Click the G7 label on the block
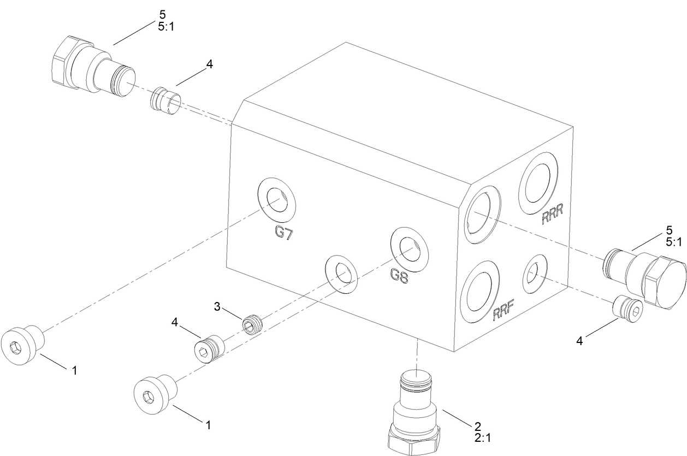coord(284,233)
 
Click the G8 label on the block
coord(399,274)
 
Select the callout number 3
coord(217,307)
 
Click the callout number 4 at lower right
coord(580,341)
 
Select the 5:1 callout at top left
coord(165,26)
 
